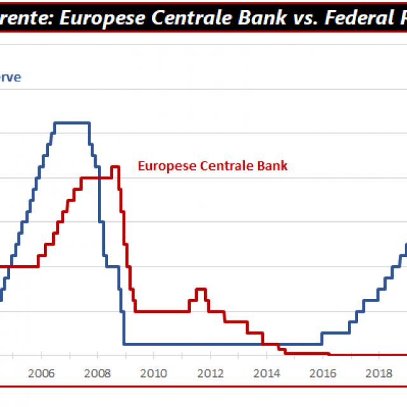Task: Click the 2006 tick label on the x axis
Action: pos(41,373)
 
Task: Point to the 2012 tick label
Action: pos(210,373)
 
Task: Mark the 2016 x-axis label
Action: pos(323,373)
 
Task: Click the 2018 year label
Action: pos(380,373)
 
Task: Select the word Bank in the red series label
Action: pos(274,167)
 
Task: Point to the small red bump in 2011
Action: pos(201,290)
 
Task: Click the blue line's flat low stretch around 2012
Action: pos(210,344)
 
